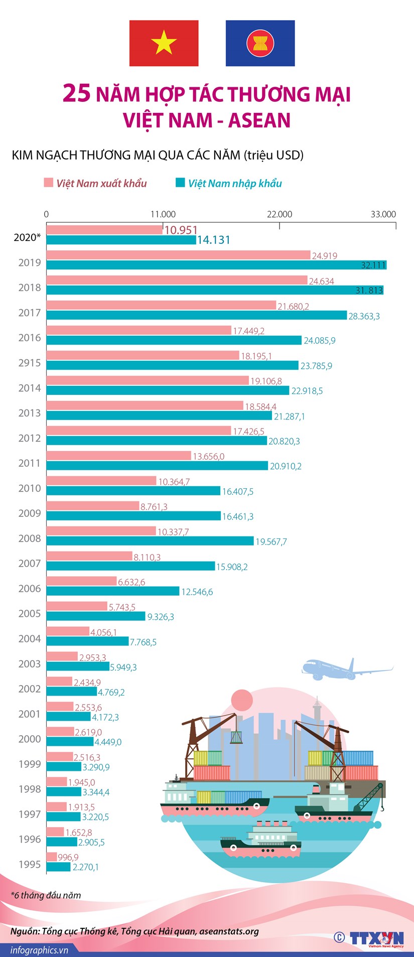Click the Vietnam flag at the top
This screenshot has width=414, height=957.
tap(164, 43)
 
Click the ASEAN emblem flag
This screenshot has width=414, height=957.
tap(260, 43)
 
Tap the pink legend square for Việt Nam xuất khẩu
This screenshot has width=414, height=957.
tap(49, 183)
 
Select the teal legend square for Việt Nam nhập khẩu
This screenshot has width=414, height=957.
tap(180, 183)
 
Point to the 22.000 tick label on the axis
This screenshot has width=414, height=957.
tap(279, 214)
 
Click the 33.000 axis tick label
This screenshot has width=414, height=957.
tap(383, 214)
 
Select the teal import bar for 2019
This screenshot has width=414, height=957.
tap(216, 265)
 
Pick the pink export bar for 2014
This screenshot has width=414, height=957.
tap(148, 380)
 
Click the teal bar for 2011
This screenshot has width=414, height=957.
tap(157, 466)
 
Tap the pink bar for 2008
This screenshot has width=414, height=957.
tap(101, 531)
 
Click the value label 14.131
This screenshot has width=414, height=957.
tap(213, 240)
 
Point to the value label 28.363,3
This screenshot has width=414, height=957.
tap(364, 316)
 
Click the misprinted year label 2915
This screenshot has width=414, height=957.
tap(30, 363)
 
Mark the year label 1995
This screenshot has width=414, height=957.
tap(30, 864)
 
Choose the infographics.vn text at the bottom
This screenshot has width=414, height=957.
tap(39, 950)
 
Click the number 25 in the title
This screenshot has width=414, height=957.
tap(77, 94)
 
